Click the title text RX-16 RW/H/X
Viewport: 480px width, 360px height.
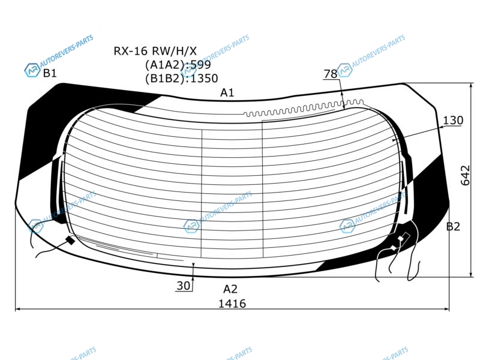pos(155,51)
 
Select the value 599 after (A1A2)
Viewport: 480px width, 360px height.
pos(201,65)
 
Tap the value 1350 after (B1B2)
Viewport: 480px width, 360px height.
pos(204,79)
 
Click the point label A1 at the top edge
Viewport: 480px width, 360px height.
pos(227,92)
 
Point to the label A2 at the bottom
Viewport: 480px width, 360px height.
pos(230,289)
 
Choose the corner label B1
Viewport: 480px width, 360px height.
pos(50,73)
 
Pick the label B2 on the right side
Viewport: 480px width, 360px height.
pos(453,227)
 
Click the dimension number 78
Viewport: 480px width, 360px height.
pos(331,74)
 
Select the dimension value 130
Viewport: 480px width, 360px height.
pos(453,121)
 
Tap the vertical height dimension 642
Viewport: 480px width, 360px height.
pos(465,175)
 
